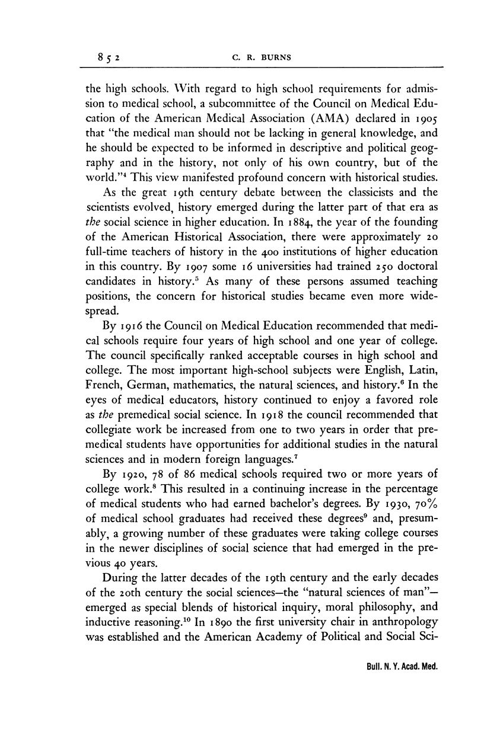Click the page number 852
point(110,58)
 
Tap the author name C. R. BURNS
point(265,58)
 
